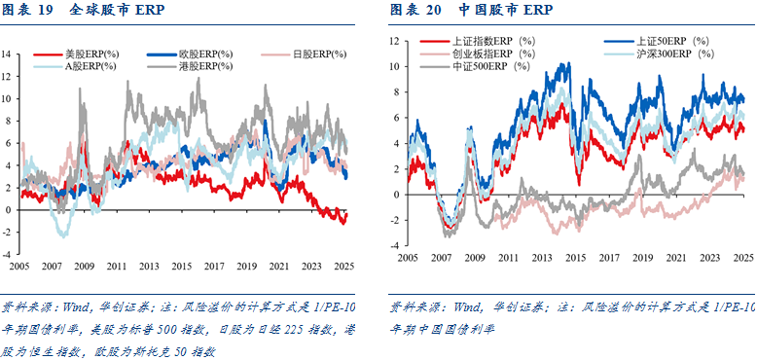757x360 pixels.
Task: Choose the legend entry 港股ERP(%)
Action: tap(206, 66)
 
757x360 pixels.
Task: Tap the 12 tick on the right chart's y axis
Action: tap(394, 42)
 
